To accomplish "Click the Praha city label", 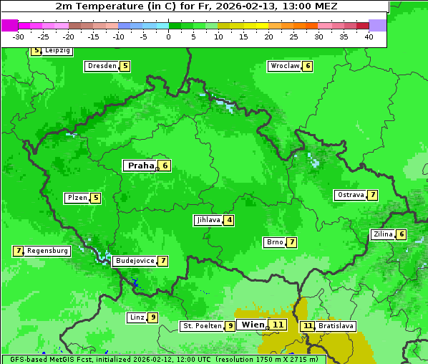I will pos(140,166).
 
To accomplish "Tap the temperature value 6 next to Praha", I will pos(165,166).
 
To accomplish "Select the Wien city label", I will pos(253,325).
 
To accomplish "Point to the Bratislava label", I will pos(336,326).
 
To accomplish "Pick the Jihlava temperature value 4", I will pos(228,220).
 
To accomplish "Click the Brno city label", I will pos(274,242).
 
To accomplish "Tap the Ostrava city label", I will pos(350,195).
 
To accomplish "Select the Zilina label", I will pos(383,234).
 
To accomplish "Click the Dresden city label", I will pos(102,66).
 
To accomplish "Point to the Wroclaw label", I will pos(284,66).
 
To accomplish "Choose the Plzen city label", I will pos(77,198).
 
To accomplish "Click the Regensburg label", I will pos(48,251).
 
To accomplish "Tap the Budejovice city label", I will pos(135,261).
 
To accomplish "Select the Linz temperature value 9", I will pos(153,317).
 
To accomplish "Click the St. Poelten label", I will pos(201,326).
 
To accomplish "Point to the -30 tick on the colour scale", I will pos(19,37).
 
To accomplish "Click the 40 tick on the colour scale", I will pos(369,37).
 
